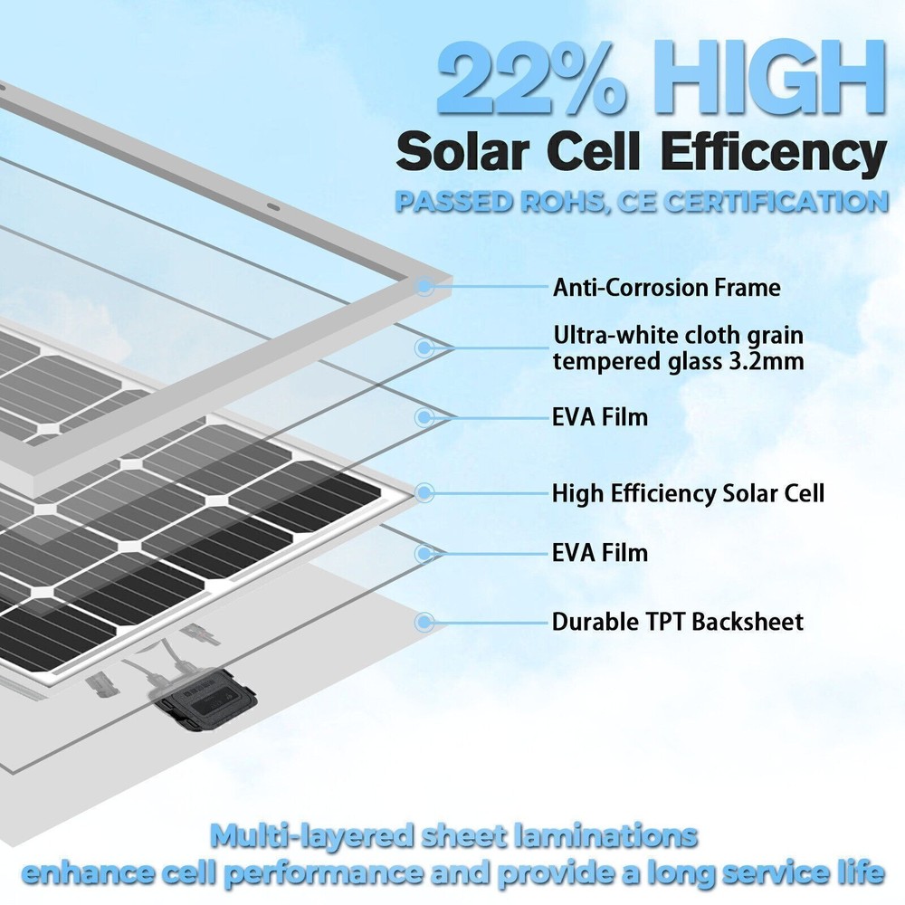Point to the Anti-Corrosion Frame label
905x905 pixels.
(x=666, y=289)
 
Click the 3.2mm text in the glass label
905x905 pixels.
(x=766, y=361)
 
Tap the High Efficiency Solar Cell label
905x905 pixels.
(x=688, y=493)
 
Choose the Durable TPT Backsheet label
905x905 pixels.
(x=677, y=622)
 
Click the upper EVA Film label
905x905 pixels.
(x=600, y=418)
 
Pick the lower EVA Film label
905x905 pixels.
(x=600, y=551)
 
